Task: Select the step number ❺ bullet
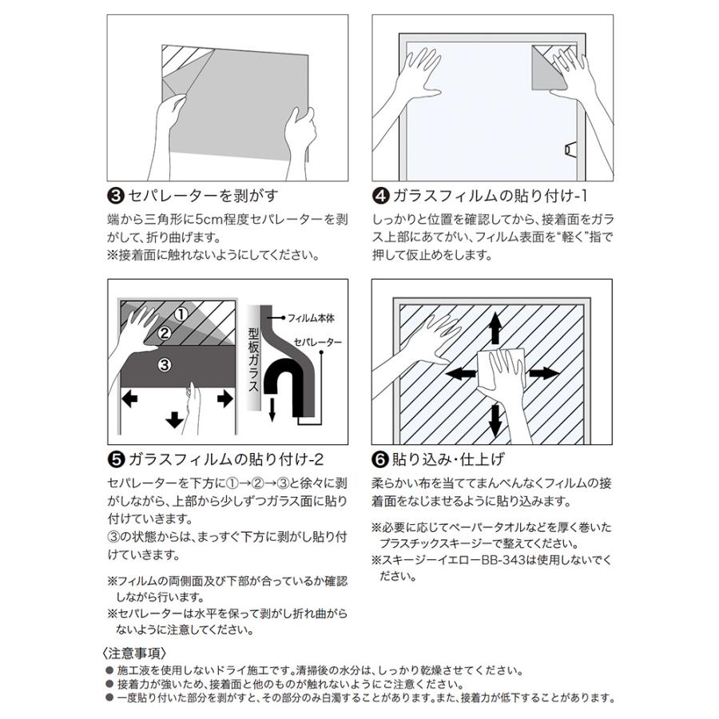113,459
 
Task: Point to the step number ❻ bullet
380,459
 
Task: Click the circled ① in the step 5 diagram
181,314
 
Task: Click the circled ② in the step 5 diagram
163,333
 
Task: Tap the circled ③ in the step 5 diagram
163,365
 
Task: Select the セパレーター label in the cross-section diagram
318,342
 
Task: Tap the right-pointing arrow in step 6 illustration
544,373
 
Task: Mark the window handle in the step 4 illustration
570,149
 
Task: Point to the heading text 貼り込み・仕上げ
447,459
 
